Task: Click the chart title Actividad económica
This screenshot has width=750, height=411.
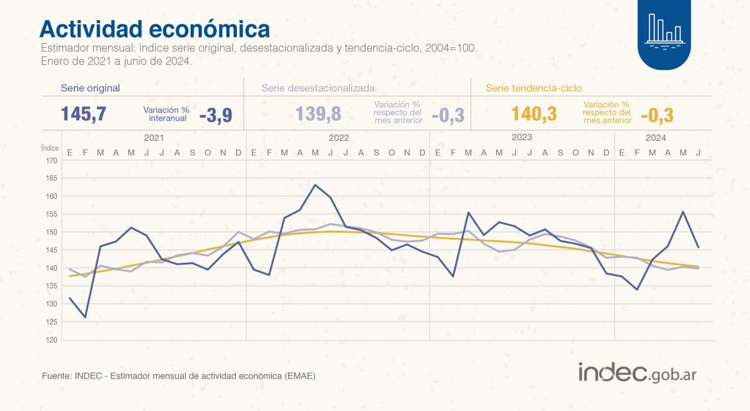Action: tap(155, 29)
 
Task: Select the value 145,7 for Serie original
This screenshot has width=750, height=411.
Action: tap(84, 114)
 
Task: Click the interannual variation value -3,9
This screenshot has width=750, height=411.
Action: tap(216, 115)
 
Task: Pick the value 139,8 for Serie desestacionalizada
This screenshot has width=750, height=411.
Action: tap(319, 114)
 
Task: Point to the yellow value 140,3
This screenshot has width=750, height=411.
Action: tap(534, 114)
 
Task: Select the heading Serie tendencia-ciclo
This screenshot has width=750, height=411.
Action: tap(534, 88)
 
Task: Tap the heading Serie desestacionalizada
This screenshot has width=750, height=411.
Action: tap(318, 88)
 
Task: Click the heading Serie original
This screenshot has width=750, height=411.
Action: tap(90, 88)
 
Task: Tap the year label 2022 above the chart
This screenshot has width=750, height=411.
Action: tap(338, 138)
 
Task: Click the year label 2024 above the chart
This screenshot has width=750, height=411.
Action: tap(656, 138)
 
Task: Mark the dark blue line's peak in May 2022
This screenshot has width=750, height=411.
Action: tap(315, 185)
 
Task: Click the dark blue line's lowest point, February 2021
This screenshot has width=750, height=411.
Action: tap(85, 317)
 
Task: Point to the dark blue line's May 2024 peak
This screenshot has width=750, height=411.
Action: tap(683, 211)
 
